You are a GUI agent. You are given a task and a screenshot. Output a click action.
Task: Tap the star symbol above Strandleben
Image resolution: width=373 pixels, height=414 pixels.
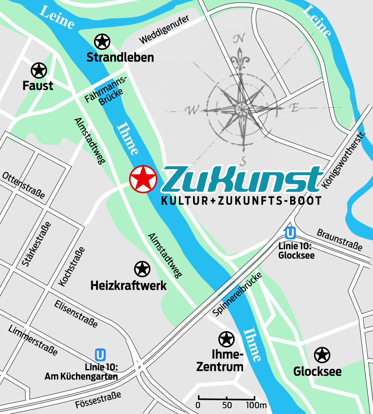click(x=102, y=42)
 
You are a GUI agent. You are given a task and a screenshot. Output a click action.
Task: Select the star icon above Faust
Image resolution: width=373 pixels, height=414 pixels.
click(x=39, y=70)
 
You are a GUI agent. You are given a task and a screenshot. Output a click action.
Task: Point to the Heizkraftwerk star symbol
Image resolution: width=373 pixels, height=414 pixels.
click(x=142, y=269)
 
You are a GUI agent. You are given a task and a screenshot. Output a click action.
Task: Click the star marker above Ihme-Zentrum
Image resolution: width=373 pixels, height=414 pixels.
click(x=226, y=339)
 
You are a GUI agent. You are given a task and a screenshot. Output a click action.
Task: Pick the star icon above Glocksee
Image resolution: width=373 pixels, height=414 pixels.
click(x=322, y=355)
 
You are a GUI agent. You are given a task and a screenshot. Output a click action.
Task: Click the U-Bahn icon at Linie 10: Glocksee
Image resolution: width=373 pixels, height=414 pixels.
click(x=290, y=233)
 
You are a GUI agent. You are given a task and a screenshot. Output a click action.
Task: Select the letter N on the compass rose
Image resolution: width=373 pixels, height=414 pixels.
click(x=239, y=39)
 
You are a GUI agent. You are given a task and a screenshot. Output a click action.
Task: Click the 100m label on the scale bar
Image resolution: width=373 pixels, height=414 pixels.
click(x=256, y=405)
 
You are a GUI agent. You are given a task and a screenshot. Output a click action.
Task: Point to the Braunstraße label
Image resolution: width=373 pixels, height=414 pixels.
click(x=339, y=239)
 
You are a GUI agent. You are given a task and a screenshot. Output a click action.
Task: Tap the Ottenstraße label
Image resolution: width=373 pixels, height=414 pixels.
click(x=24, y=185)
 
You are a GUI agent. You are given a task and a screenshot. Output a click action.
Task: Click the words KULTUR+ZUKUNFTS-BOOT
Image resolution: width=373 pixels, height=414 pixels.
click(x=241, y=201)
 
